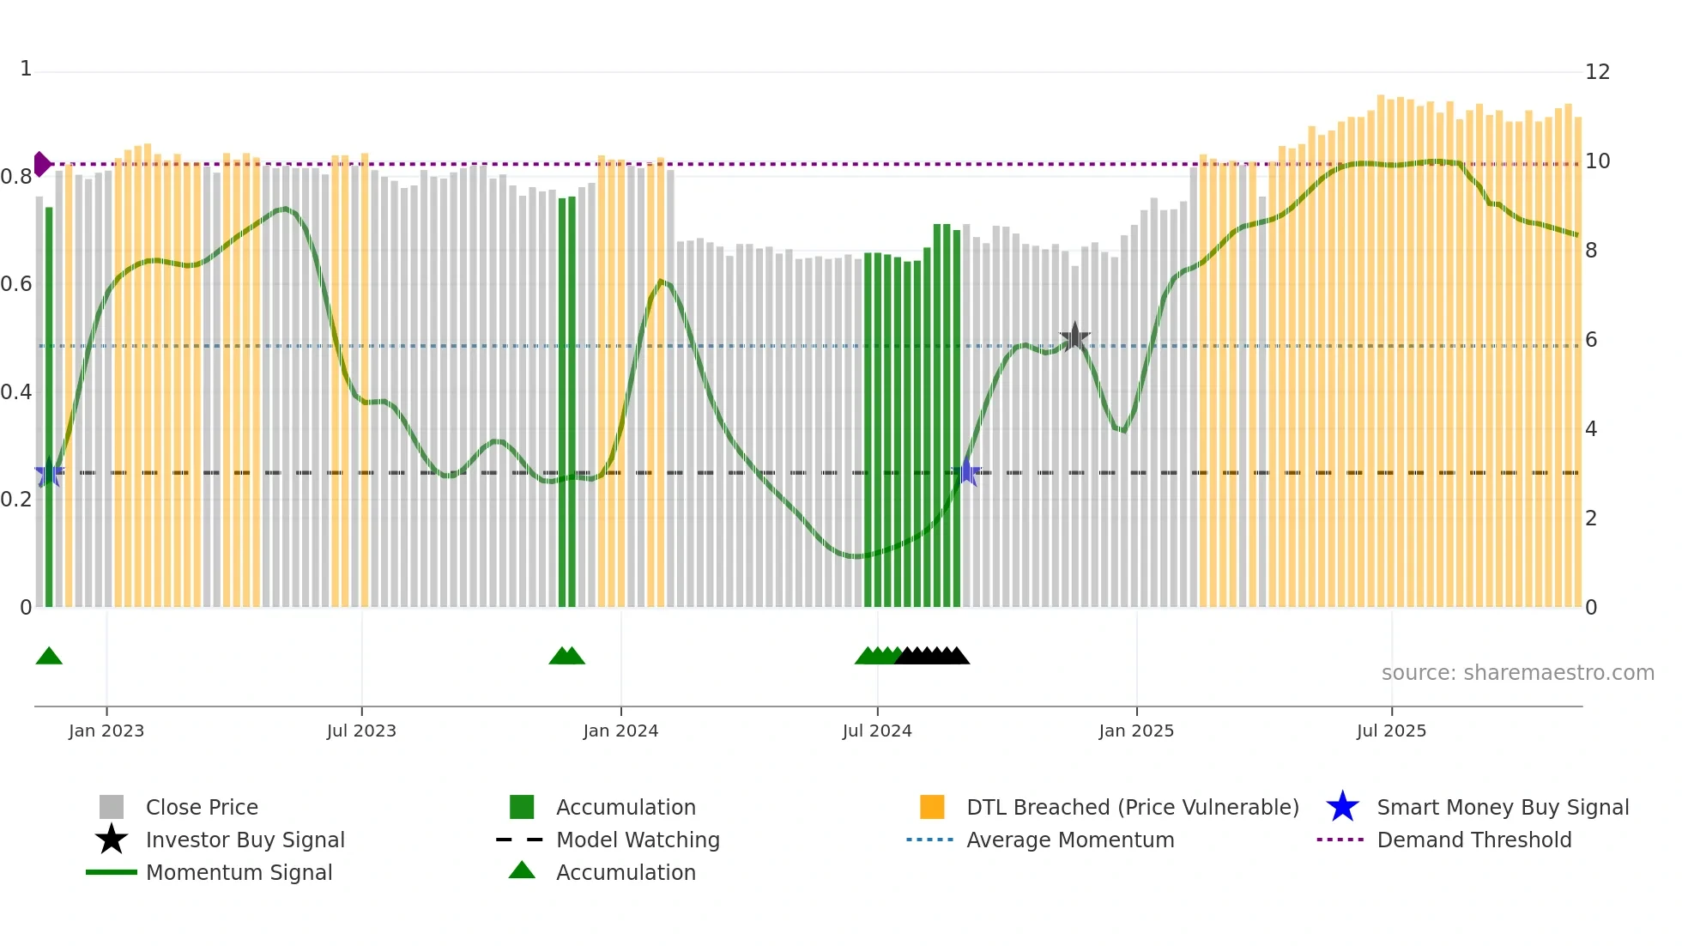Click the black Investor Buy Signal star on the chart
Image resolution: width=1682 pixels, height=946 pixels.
pos(1074,337)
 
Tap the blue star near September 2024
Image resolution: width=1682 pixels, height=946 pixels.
pos(966,472)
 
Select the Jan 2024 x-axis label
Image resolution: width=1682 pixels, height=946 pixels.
pos(620,731)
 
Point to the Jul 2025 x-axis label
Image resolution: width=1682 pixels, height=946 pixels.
pos(1391,731)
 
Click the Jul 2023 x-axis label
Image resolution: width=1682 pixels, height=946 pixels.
pos(361,731)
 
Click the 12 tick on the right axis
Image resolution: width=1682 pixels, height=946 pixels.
pos(1597,72)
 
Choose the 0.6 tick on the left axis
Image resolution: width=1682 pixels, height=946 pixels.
pos(15,284)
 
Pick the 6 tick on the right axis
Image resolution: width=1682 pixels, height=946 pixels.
pos(1591,340)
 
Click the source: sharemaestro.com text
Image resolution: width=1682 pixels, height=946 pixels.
pos(1517,673)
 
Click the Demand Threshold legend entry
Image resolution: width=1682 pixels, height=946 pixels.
pos(1473,840)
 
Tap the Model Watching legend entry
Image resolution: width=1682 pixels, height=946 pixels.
pos(637,840)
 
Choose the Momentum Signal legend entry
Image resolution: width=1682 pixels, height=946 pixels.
pos(239,872)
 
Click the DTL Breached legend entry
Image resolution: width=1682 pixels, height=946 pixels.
pos(1132,807)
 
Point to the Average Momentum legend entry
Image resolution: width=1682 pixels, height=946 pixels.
pos(1069,840)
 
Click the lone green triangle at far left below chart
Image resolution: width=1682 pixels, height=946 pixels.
pos(49,657)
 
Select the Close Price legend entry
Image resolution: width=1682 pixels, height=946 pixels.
pos(201,807)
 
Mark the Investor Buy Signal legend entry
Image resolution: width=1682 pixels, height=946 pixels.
pos(245,840)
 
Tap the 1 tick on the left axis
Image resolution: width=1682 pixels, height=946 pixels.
pos(26,69)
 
